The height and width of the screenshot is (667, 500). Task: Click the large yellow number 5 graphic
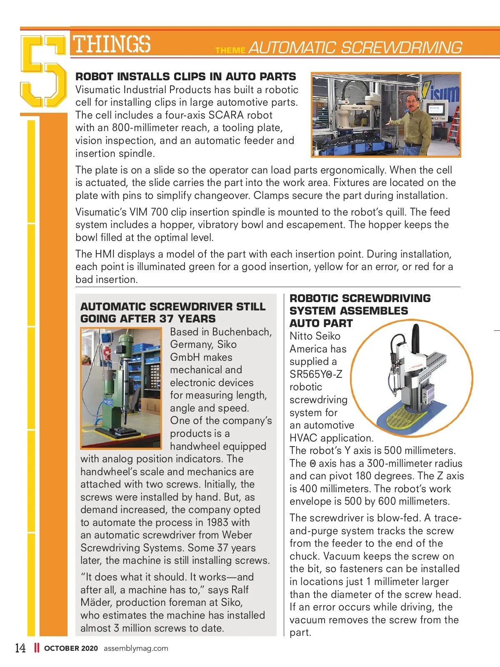tap(43, 71)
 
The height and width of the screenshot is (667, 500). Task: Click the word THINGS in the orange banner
tap(112, 44)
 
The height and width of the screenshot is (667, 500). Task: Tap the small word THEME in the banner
tap(230, 50)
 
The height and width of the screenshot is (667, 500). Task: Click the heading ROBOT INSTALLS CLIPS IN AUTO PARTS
tap(185, 77)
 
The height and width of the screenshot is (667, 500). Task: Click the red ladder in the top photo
tap(454, 125)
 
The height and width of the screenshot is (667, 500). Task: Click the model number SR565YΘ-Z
tap(316, 374)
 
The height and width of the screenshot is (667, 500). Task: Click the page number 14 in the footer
tap(20, 648)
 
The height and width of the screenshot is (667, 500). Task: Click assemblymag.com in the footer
tap(136, 648)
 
